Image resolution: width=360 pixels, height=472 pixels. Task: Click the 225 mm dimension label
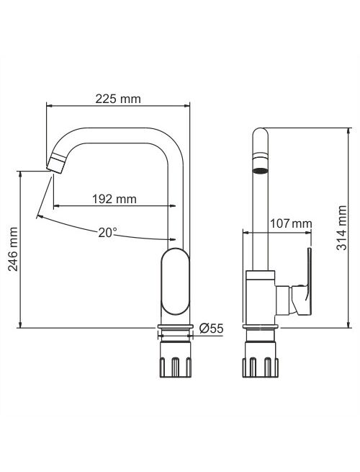coord(118,99)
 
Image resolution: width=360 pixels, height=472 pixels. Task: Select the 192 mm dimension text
coord(114,199)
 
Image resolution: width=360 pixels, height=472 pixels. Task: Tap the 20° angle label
coord(108,232)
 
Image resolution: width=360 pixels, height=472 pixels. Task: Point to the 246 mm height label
coord(13,249)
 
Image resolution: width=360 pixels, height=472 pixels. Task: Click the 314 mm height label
coord(341,228)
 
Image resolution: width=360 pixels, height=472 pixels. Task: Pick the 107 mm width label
coord(291,223)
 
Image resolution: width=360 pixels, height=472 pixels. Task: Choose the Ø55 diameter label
coord(211,328)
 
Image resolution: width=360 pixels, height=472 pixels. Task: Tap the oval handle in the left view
coord(176,282)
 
